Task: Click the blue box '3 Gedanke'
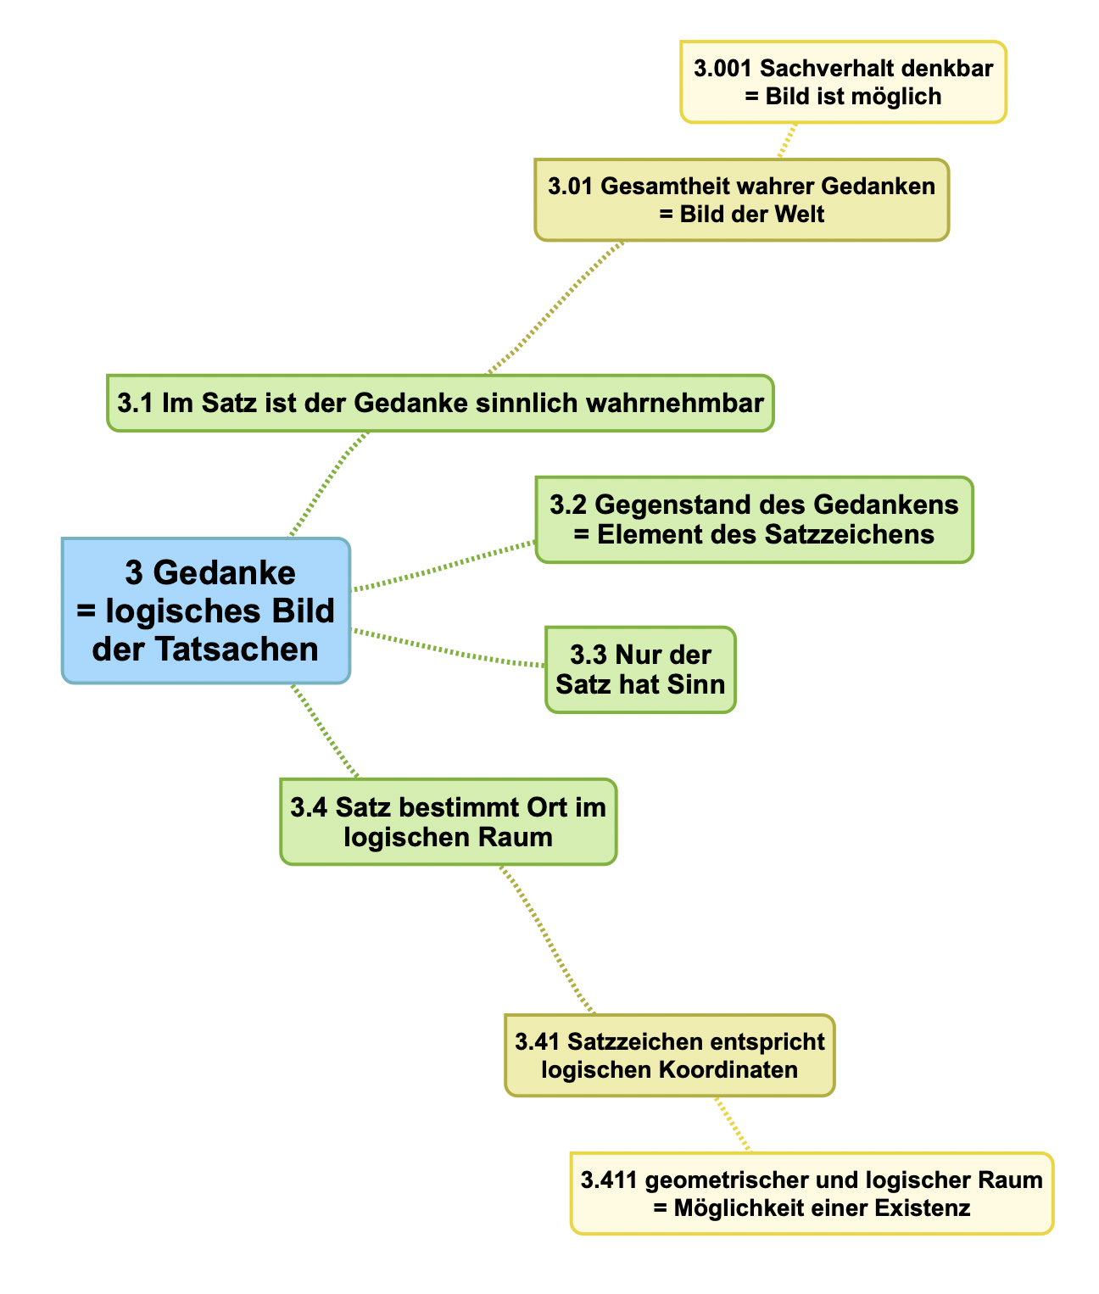point(206,611)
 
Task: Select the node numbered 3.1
point(440,403)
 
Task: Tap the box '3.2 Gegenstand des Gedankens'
point(754,519)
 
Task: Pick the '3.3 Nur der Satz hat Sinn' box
point(640,669)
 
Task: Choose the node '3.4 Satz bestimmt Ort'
point(448,822)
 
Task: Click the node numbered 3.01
point(741,199)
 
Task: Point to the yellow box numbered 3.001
point(843,82)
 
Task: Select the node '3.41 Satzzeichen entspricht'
point(669,1055)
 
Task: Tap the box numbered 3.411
point(812,1193)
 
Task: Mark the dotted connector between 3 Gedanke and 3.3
point(449,651)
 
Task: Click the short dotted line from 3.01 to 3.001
point(788,141)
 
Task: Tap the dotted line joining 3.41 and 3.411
point(732,1124)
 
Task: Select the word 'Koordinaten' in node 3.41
point(734,1069)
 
